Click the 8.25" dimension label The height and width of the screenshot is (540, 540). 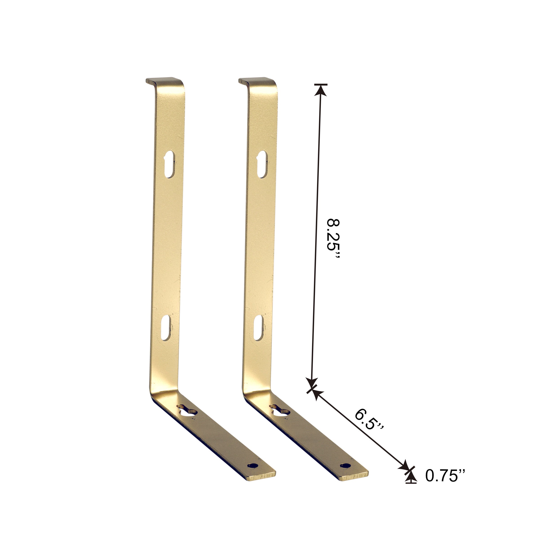tap(333, 239)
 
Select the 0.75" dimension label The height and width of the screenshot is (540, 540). tap(445, 475)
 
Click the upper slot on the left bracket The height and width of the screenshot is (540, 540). tap(169, 165)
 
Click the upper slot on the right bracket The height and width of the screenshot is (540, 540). tap(262, 165)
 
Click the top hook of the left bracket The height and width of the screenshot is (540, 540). tap(164, 81)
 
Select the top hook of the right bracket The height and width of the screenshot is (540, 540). tap(256, 81)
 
